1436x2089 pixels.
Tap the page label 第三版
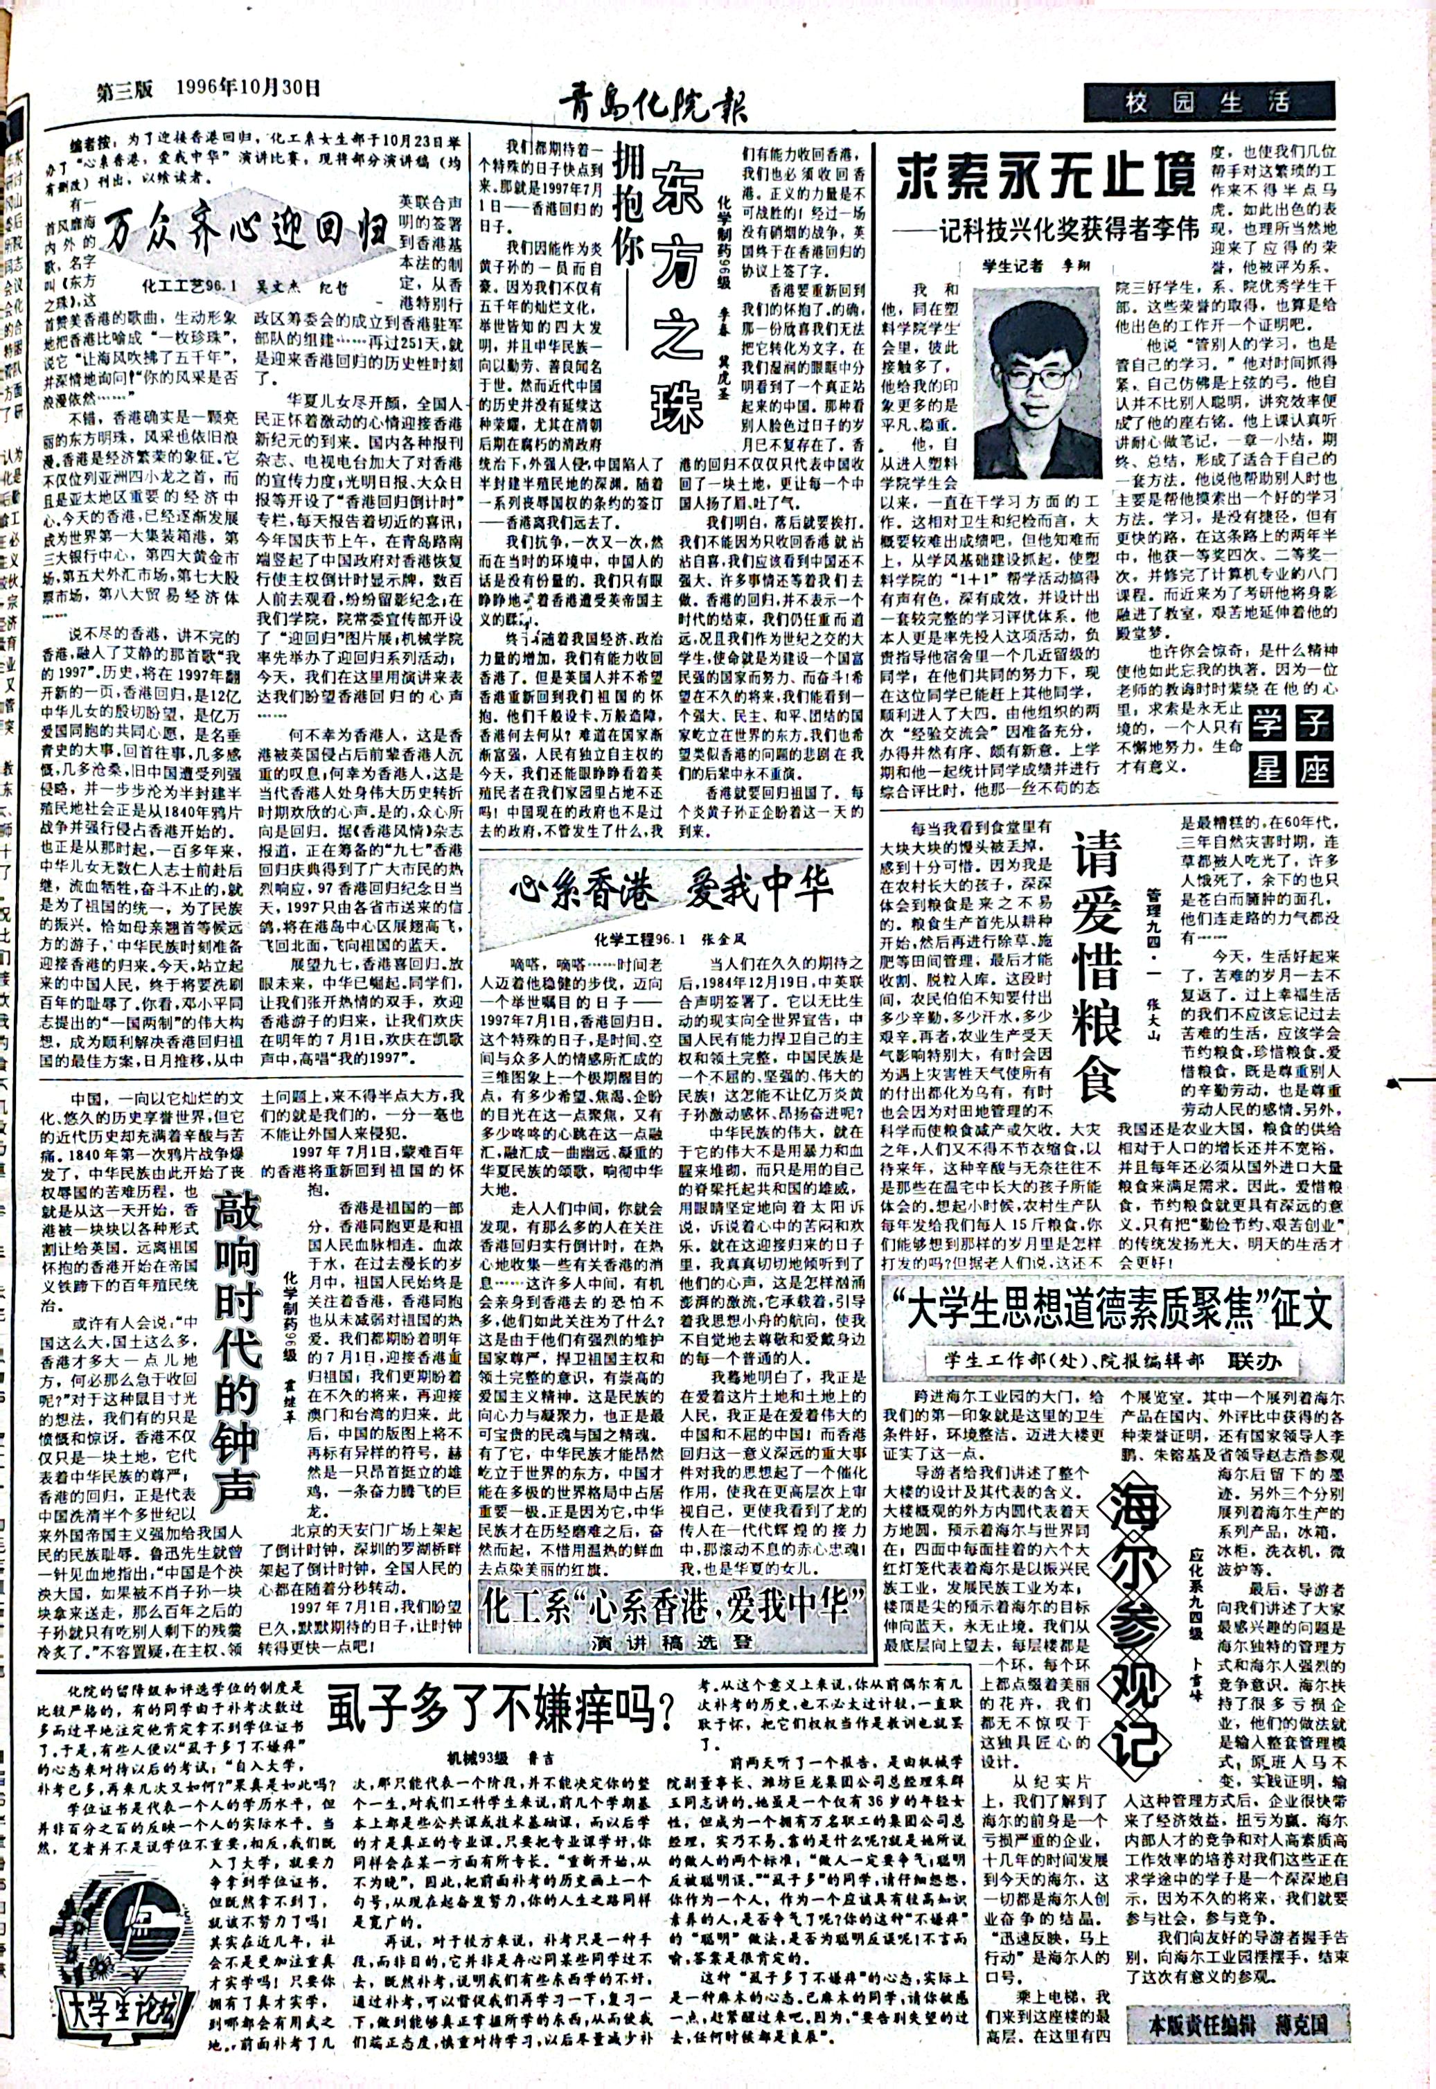point(126,89)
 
